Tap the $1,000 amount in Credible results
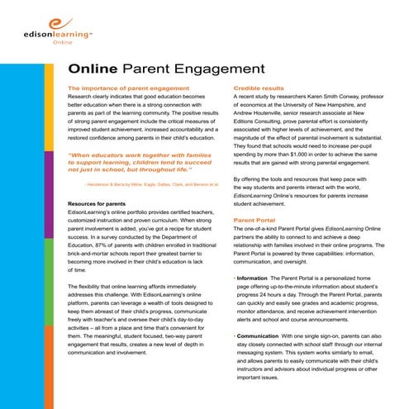tap(289, 153)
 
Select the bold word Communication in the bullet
tap(264, 337)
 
